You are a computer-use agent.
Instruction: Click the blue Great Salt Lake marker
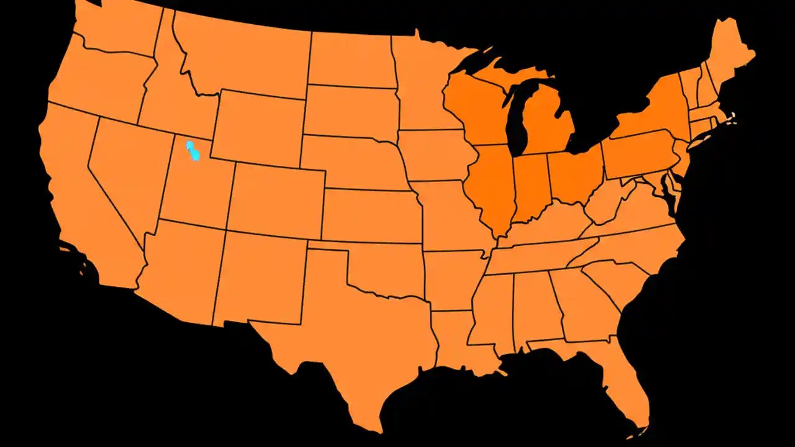[193, 151]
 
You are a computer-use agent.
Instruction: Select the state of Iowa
[435, 155]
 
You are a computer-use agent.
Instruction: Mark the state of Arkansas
[450, 279]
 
